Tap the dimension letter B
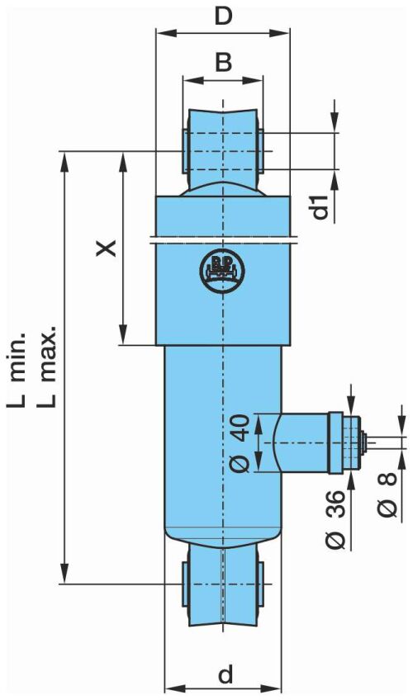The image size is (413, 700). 223,62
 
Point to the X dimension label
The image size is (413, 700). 107,248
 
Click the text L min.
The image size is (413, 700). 18,370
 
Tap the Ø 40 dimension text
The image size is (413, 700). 240,442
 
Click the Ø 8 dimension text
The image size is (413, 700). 387,494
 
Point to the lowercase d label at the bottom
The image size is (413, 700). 225,674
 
